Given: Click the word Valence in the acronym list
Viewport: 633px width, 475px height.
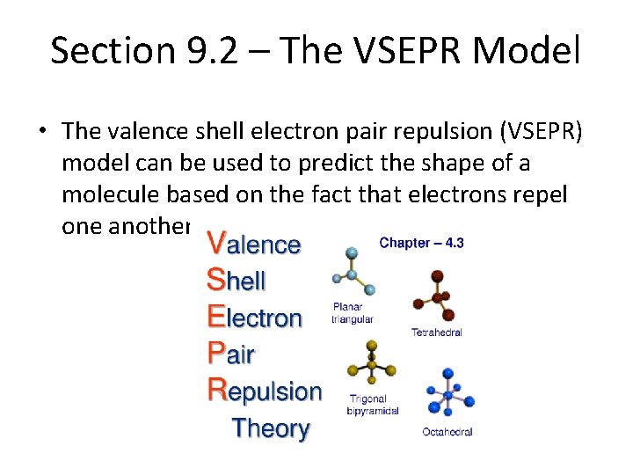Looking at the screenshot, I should [253, 244].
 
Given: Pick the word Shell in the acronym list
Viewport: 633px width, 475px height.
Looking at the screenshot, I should [236, 281].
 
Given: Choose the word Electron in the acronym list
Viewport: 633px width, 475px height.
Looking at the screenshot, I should [254, 318].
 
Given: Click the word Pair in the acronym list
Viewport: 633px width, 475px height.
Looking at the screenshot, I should [230, 354].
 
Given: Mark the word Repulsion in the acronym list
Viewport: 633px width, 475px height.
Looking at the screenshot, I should [265, 391].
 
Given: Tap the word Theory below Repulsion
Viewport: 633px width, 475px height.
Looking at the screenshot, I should [270, 428].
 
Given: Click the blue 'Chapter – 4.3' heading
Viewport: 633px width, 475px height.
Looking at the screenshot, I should [421, 242].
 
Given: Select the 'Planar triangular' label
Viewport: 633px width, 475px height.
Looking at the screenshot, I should [353, 313].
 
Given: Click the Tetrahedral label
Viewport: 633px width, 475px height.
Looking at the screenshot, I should [436, 332].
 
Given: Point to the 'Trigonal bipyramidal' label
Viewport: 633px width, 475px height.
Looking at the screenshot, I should [374, 405].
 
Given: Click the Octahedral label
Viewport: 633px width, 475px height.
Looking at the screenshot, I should [447, 432].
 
